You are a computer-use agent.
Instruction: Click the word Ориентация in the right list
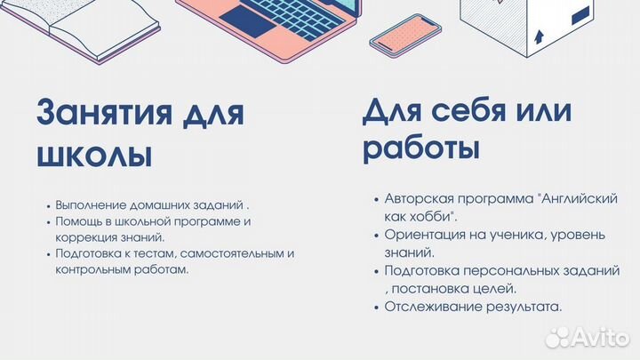click(x=425, y=235)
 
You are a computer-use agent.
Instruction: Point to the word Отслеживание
click(x=433, y=307)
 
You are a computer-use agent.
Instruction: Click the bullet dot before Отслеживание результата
click(x=377, y=307)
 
